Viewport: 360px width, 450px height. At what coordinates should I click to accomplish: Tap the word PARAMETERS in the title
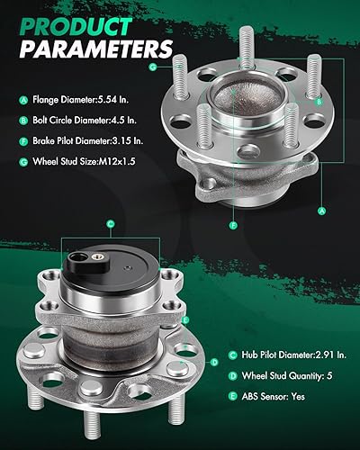pos(88,45)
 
